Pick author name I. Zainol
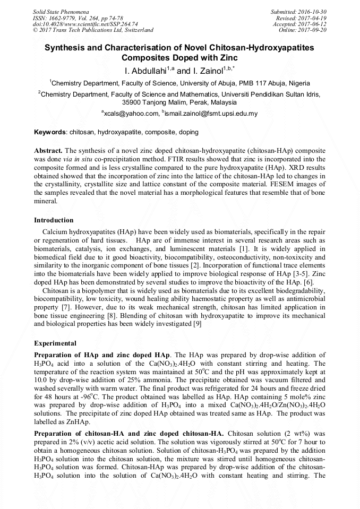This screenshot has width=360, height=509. [x=207, y=71]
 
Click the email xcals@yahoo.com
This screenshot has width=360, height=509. [x=130, y=114]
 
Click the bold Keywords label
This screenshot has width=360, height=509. [x=50, y=132]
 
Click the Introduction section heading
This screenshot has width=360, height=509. [x=54, y=220]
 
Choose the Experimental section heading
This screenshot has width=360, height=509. [x=55, y=343]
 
